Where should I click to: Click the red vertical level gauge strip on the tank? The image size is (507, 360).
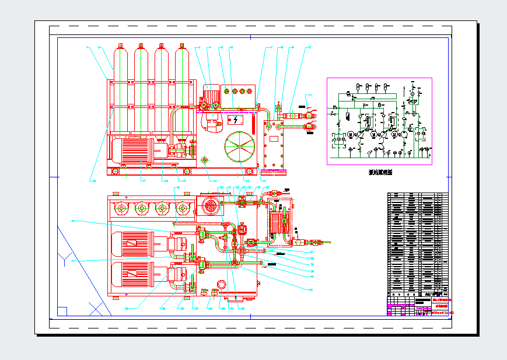[253, 124]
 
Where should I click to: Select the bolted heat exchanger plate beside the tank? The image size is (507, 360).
[273, 151]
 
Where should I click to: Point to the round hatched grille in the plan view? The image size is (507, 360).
[210, 205]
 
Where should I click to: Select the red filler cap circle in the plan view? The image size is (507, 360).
[221, 284]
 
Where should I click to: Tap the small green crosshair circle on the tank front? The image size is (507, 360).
[205, 159]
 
